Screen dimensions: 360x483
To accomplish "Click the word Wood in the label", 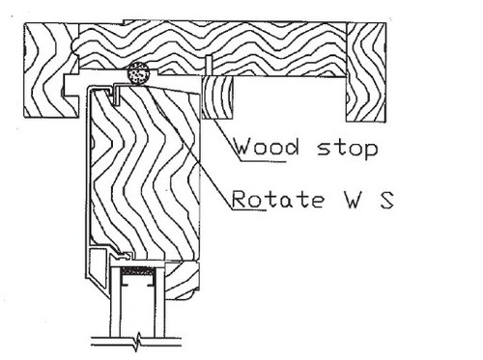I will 262,151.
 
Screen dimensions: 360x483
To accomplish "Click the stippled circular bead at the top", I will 137,74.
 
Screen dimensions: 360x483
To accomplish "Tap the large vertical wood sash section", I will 145,174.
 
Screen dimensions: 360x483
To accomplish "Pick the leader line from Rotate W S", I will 193,154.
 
